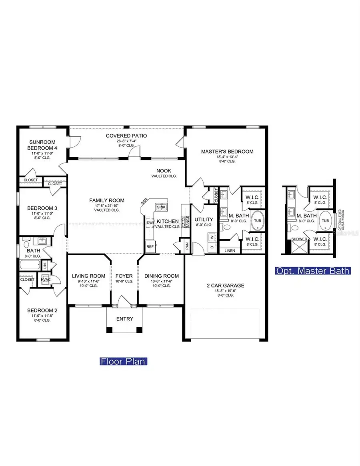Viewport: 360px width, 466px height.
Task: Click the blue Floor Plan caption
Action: (123, 362)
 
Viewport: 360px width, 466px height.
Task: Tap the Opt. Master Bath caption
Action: (313, 271)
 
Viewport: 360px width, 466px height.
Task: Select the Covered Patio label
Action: (126, 136)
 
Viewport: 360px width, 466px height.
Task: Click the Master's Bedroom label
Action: (227, 152)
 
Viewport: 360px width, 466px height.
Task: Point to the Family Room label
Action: (106, 200)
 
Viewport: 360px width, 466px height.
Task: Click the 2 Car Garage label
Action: (225, 286)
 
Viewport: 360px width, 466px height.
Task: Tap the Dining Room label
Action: (162, 276)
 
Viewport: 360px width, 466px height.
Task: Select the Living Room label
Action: (88, 276)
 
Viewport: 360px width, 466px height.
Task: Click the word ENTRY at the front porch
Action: (124, 319)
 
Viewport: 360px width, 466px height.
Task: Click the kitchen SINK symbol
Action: (161, 207)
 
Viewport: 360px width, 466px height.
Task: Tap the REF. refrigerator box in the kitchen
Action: (150, 247)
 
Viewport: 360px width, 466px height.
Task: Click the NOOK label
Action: (164, 170)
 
